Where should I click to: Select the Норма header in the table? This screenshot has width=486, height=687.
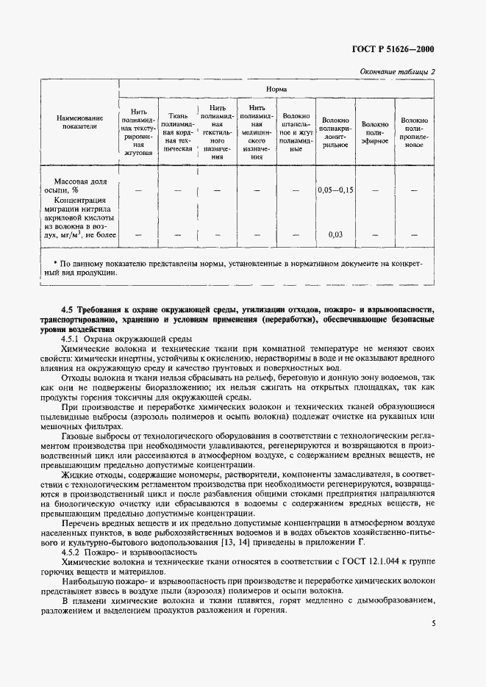(x=276, y=90)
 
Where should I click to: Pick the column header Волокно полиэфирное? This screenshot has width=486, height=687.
(x=375, y=130)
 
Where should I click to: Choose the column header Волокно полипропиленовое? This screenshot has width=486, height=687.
(x=415, y=130)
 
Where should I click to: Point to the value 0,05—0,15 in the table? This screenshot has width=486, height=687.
(x=335, y=190)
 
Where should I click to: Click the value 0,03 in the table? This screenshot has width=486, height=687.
(x=335, y=234)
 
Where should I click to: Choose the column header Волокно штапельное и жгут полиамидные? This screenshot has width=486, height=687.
(x=296, y=132)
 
